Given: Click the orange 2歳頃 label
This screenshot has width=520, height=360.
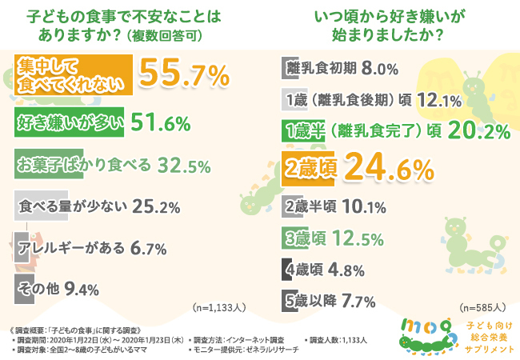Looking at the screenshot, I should pos(309,168).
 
